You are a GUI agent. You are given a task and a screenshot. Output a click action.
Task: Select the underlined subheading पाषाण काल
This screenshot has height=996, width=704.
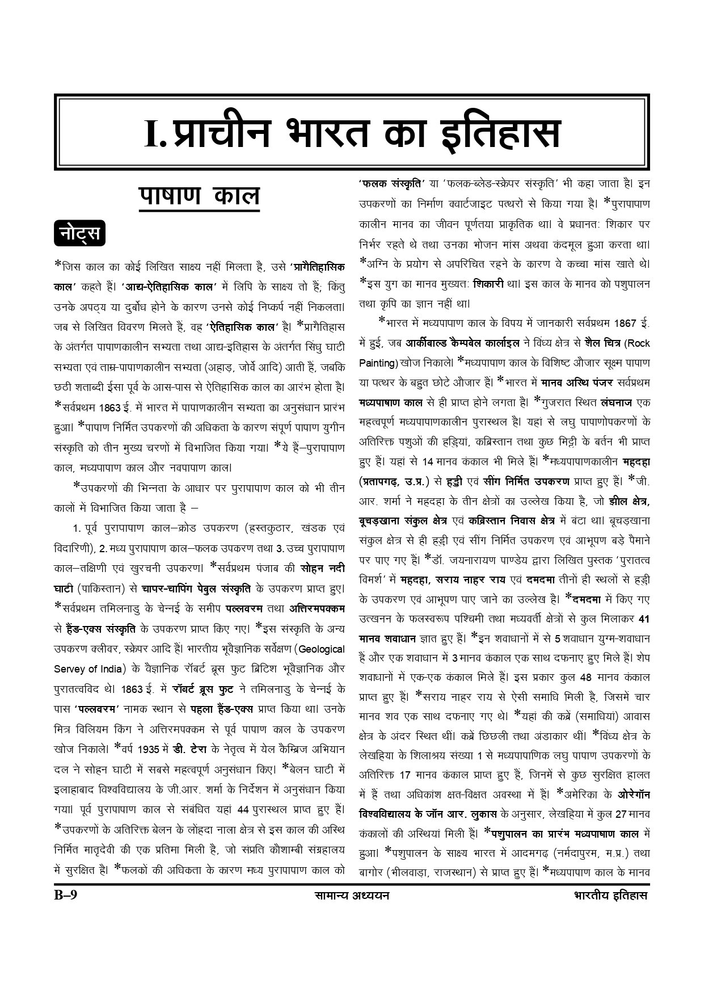pyautogui.click(x=199, y=196)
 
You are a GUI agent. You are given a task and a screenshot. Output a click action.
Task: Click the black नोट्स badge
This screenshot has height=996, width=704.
pyautogui.click(x=80, y=233)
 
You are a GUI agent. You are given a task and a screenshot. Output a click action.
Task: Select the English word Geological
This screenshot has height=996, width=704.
pyautogui.click(x=321, y=649)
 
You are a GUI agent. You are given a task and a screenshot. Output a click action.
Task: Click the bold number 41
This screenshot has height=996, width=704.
pyautogui.click(x=644, y=619)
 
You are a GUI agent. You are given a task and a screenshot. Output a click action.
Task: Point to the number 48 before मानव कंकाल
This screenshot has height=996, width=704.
pyautogui.click(x=587, y=678)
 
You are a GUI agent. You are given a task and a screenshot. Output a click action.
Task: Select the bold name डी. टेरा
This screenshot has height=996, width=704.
pyautogui.click(x=191, y=749)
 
